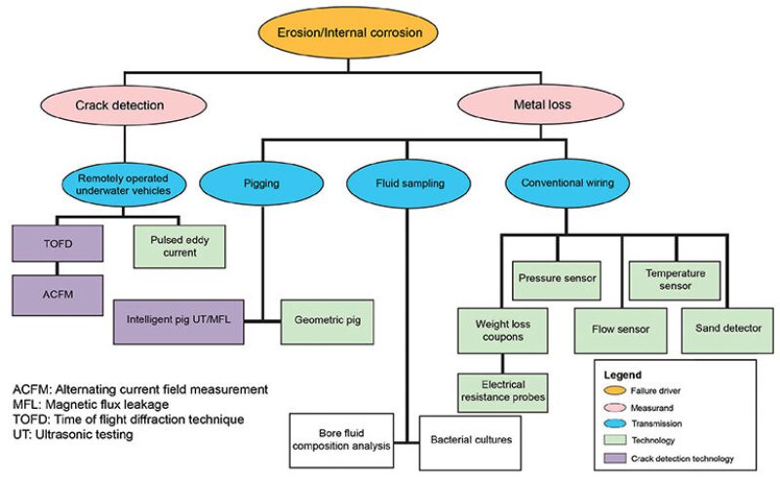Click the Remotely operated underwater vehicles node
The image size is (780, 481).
(125, 180)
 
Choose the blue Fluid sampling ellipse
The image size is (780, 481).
(402, 180)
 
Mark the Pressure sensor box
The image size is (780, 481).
(556, 279)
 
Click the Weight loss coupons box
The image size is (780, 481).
(503, 328)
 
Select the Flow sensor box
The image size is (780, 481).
(619, 328)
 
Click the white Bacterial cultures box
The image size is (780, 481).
(470, 440)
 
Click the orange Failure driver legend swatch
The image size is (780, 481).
(614, 390)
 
